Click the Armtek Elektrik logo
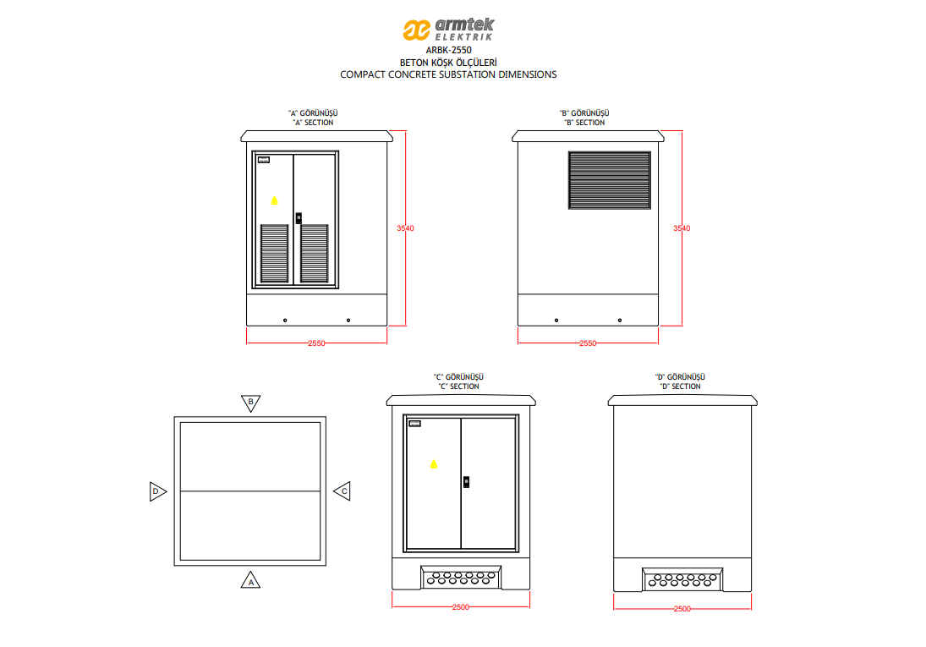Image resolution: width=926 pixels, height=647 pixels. click(447, 30)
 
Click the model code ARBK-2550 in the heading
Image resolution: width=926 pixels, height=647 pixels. click(448, 50)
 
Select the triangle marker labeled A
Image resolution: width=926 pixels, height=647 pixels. click(250, 580)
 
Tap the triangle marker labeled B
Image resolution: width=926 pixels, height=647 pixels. click(250, 402)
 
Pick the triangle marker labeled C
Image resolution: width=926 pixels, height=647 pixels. click(342, 490)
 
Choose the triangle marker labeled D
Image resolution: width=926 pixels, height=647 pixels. click(157, 491)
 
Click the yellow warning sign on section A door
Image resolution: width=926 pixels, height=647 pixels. click(273, 200)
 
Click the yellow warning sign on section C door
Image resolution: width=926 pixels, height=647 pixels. click(435, 463)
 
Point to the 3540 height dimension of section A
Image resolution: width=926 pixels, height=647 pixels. click(405, 228)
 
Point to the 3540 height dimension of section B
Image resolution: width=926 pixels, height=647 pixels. click(682, 228)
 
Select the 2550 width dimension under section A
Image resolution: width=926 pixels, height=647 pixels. click(316, 343)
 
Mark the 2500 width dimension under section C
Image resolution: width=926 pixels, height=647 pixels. click(461, 607)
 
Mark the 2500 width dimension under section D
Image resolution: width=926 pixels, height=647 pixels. click(682, 609)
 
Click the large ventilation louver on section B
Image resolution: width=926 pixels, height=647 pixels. click(609, 179)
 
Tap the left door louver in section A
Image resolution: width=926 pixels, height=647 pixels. click(273, 253)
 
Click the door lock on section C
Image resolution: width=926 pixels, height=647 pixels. click(467, 481)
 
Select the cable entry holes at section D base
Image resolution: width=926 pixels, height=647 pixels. click(681, 579)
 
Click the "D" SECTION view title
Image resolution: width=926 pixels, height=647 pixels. click(680, 387)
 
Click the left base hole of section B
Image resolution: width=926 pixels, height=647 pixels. click(556, 321)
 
